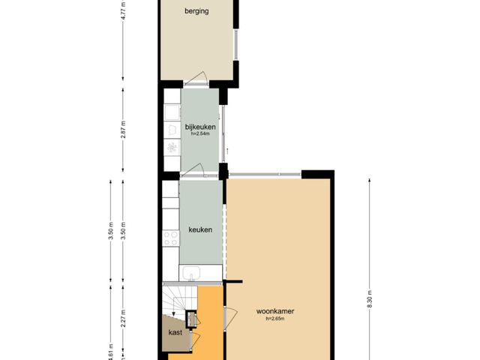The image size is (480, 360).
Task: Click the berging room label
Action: [x=196, y=11]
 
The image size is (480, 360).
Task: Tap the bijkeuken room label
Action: [x=200, y=127]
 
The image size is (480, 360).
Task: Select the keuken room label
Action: [x=200, y=229]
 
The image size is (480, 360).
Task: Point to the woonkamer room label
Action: [x=275, y=311]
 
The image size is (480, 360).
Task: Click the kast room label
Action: [x=175, y=332]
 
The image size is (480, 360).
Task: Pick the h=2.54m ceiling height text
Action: [x=200, y=133]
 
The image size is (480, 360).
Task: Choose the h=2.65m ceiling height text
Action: [x=275, y=319]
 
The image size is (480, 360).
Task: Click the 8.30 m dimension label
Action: [x=370, y=298]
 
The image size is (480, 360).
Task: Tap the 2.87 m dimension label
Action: [x=123, y=130]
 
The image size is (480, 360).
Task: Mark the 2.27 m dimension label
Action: [x=123, y=318]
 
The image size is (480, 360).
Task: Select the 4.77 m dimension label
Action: [x=123, y=10]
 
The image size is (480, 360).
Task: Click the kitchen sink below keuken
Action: [x=191, y=273]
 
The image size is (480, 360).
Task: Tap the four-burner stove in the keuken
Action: [x=171, y=238]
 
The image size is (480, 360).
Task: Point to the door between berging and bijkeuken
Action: [x=196, y=78]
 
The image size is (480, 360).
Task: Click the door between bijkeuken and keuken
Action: [x=193, y=170]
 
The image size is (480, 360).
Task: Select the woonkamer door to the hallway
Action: [x=231, y=318]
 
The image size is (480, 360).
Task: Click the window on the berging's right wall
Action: [x=236, y=44]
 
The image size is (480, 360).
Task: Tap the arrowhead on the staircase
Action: [x=173, y=313]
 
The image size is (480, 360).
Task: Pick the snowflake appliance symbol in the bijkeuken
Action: [x=172, y=148]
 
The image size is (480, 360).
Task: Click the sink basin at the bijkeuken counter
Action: [x=172, y=112]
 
